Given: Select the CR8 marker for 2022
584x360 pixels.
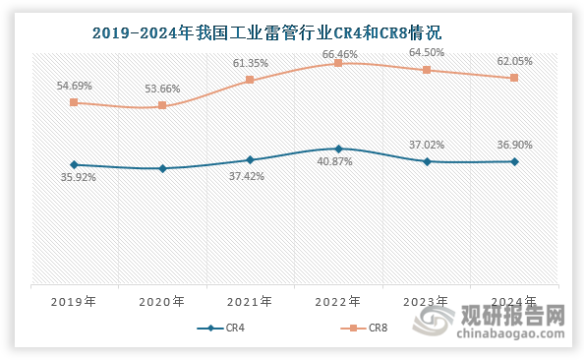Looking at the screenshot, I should (338, 63).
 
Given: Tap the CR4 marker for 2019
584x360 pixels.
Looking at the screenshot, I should (74, 164).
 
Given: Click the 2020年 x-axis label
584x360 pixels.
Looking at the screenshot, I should (162, 302).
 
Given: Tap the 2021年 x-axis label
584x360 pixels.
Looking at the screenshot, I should (250, 302).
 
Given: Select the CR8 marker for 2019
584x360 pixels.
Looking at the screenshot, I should (74, 102).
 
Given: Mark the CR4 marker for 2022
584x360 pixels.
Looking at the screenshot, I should (338, 149).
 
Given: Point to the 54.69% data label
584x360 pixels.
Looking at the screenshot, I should (75, 86).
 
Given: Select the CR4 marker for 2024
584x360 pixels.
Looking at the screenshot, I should (514, 161).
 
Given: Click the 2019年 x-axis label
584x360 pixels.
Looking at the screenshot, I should (74, 302).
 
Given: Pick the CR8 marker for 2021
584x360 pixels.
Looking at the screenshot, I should (250, 80).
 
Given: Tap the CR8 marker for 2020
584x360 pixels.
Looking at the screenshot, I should (162, 105).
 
